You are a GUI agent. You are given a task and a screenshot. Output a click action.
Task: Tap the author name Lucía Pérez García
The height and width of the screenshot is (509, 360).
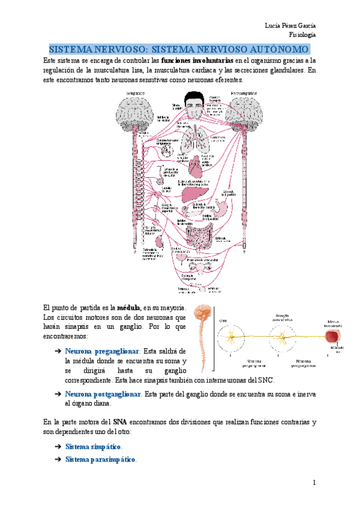290,25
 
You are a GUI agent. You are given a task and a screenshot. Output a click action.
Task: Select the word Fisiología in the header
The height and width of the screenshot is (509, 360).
303,35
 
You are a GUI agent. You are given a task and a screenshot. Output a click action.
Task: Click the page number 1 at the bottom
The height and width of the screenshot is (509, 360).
313,483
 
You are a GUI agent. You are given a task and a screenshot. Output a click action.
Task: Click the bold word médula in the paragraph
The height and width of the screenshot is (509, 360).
128,306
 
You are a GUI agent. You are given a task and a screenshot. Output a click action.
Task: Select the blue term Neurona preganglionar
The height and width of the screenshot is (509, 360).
102,351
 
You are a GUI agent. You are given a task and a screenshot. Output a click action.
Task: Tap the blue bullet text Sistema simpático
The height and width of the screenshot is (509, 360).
93,447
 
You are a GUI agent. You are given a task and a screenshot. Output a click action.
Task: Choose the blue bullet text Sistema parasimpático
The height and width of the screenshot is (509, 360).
100,460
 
